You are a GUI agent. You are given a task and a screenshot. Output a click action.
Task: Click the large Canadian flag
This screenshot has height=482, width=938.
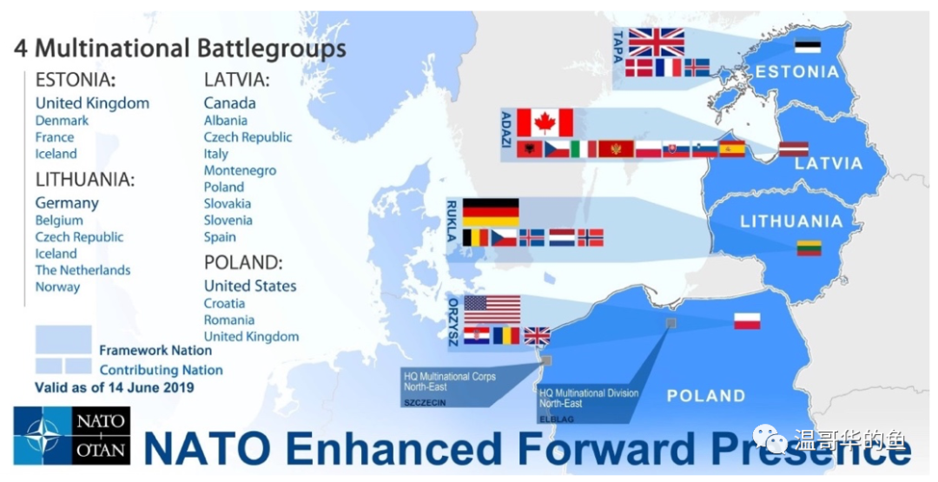tap(545, 122)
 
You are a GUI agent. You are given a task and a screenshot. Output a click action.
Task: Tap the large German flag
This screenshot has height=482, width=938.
tap(491, 212)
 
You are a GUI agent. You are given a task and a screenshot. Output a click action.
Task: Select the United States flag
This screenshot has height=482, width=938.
tap(492, 310)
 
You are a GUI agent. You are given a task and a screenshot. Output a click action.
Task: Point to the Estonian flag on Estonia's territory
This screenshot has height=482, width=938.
tap(808, 46)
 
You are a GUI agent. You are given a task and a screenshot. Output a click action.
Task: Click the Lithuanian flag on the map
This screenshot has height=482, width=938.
tap(809, 248)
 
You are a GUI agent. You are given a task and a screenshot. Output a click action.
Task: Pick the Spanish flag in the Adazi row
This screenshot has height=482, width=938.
tap(731, 149)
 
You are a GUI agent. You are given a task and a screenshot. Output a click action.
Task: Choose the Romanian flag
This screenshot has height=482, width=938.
tap(506, 335)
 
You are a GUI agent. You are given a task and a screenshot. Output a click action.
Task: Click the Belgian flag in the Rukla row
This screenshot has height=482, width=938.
tap(476, 237)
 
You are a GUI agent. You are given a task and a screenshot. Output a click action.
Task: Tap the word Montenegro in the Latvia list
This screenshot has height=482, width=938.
tap(240, 170)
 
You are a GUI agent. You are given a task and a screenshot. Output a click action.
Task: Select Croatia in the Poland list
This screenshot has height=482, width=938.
tap(224, 303)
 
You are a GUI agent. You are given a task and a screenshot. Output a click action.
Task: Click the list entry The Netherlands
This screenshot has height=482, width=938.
tap(83, 270)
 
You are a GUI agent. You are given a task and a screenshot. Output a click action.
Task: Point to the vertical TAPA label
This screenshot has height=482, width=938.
tap(618, 47)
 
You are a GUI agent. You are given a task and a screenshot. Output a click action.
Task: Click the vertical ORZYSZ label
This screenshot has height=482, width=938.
tap(452, 322)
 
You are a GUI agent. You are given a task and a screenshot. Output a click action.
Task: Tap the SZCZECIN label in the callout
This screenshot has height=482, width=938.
tap(425, 402)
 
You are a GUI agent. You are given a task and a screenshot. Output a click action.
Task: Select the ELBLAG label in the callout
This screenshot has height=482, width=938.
tap(557, 419)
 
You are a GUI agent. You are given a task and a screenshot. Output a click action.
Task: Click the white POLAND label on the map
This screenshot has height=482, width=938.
tap(706, 396)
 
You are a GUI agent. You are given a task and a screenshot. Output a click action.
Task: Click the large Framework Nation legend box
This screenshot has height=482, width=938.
tap(63, 340)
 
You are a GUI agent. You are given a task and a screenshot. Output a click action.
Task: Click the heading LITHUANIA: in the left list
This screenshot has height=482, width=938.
tap(85, 180)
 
